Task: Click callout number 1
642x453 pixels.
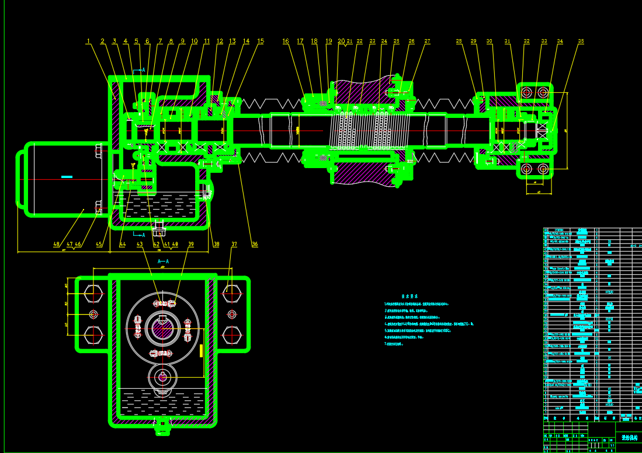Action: (x=89, y=41)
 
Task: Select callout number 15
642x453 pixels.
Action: (x=261, y=41)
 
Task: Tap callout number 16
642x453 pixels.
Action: (x=286, y=41)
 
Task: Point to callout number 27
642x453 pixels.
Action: (x=427, y=41)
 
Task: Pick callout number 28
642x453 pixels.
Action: (x=459, y=41)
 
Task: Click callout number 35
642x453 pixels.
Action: (x=581, y=41)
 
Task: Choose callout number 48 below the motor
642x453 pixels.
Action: (x=57, y=244)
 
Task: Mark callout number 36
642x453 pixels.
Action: (x=255, y=244)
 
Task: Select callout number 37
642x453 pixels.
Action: (x=234, y=244)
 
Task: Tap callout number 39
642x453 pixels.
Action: (x=190, y=244)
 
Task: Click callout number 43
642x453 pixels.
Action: (x=139, y=244)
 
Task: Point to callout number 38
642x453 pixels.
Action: (x=216, y=244)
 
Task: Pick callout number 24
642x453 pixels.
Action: (x=384, y=41)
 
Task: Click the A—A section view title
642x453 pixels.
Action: (x=163, y=262)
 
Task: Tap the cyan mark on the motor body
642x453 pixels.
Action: (x=67, y=176)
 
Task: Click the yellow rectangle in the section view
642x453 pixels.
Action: (x=201, y=350)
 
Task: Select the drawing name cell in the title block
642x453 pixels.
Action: (x=629, y=437)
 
